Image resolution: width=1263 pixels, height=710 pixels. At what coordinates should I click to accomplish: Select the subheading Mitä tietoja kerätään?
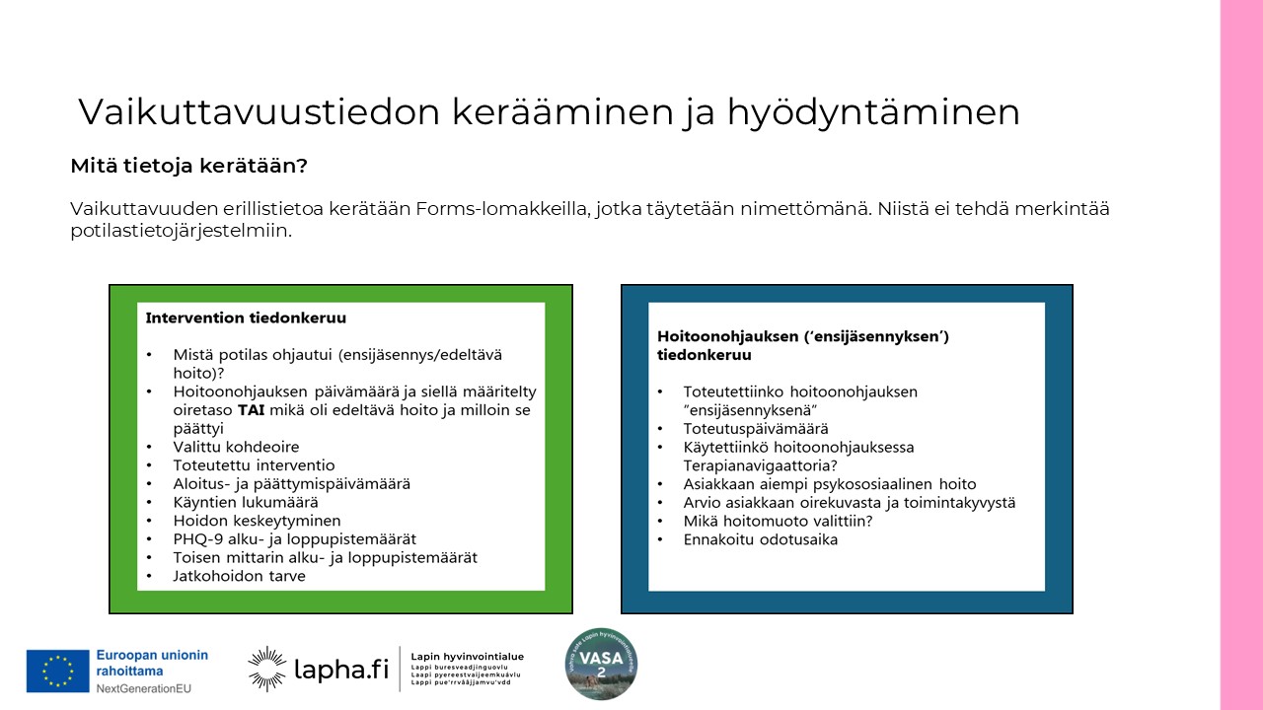tap(188, 167)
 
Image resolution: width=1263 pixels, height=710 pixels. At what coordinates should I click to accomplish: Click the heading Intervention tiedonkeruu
tap(246, 319)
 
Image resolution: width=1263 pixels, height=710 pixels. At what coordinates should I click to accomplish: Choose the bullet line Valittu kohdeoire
tap(236, 447)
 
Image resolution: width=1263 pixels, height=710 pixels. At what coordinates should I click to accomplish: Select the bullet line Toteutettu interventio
tap(254, 465)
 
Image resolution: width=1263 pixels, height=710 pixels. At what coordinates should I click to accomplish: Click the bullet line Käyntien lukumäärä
tap(245, 502)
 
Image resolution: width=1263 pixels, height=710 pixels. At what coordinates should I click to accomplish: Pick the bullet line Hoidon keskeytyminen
tap(257, 521)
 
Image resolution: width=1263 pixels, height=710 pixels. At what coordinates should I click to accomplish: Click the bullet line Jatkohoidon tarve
tap(239, 576)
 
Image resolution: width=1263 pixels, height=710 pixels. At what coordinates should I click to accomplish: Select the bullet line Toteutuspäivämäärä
tap(756, 429)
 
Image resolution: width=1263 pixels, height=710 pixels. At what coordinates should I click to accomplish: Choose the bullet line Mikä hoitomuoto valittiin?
tap(779, 521)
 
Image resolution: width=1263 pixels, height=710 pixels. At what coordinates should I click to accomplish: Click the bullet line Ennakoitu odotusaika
tap(760, 539)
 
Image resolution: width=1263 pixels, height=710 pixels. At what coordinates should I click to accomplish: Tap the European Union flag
tap(58, 671)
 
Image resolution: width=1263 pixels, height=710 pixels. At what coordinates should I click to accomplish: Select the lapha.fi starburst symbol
tap(266, 669)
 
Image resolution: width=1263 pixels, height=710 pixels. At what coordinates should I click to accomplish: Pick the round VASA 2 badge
tap(601, 664)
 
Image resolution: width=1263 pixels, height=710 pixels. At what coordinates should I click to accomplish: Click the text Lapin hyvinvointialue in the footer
tap(467, 657)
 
